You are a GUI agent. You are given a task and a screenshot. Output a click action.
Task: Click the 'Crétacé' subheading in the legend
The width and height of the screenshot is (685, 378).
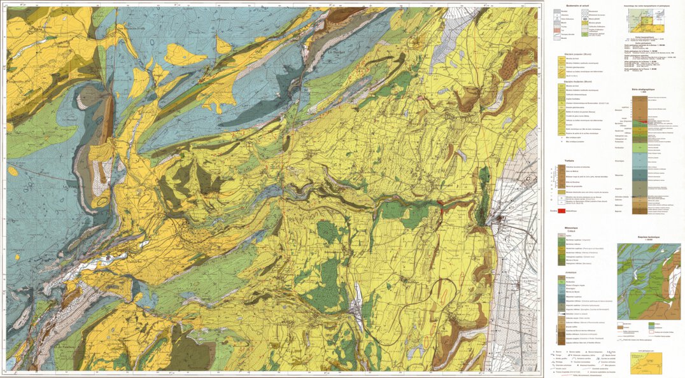pyautogui.click(x=561, y=232)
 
